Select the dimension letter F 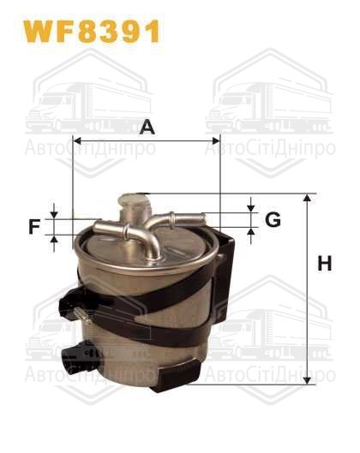coord(34,227)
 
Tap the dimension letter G coord(273,220)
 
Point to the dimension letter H coord(324,265)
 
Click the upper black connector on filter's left coord(76,302)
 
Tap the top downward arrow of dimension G coord(251,206)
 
